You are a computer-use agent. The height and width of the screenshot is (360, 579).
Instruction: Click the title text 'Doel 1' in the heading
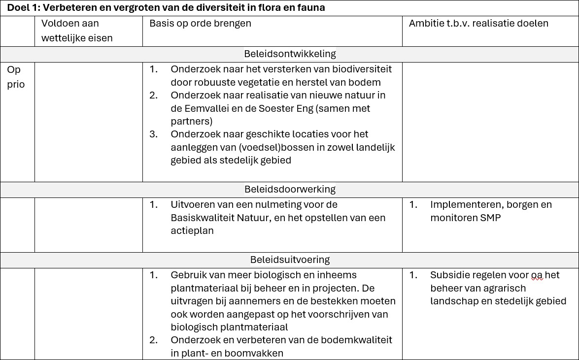coord(21,8)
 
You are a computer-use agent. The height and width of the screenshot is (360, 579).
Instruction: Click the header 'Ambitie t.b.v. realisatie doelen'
coord(478,23)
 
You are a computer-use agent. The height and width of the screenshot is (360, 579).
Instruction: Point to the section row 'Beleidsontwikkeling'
coord(290,54)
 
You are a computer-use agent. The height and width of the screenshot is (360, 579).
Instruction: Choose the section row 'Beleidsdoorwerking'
coord(290,189)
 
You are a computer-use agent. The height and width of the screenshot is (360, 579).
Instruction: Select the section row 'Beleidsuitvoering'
coord(290,260)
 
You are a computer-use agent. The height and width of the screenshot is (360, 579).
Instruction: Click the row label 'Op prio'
coord(15,77)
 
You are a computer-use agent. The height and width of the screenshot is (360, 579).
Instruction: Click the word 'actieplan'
coord(192,230)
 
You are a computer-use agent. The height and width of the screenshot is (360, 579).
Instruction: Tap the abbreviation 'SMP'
coord(490,217)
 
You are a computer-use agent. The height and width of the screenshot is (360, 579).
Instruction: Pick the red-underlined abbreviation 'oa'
coord(537,275)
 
